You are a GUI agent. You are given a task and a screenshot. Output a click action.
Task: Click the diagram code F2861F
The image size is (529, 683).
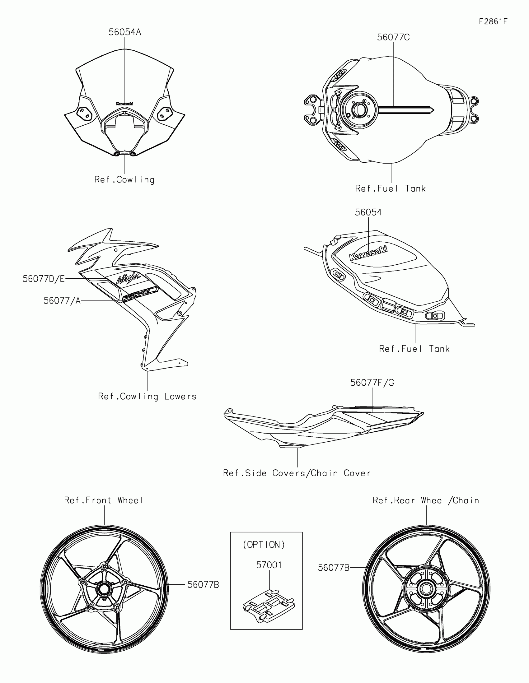coord(493,21)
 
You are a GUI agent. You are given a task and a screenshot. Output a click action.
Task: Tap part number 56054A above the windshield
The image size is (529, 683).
coord(125,32)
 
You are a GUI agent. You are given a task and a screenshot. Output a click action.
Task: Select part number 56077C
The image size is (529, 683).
coord(393,38)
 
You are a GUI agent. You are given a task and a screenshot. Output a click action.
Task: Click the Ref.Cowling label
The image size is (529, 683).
coord(124,180)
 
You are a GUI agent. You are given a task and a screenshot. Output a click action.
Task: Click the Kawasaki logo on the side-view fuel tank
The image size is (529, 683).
coord(368,253)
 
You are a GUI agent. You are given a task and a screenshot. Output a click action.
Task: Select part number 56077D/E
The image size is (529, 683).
coord(44,279)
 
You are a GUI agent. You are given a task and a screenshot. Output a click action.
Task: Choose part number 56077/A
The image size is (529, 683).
coord(62,301)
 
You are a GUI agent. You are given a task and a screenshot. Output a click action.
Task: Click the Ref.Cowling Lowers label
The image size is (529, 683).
coord(147,397)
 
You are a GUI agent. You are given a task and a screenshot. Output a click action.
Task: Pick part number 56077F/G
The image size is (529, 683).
coord(372,383)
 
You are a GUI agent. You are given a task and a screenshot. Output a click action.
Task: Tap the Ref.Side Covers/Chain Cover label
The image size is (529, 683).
coord(297,473)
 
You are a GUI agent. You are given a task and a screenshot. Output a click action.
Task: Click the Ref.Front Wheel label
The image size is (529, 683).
coord(104,500)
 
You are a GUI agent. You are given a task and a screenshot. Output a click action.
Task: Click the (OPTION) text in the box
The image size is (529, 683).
coord(264,545)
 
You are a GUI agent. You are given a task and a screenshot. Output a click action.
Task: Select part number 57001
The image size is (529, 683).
coord(269,565)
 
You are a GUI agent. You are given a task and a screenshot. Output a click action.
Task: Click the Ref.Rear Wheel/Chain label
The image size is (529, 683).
coord(426,500)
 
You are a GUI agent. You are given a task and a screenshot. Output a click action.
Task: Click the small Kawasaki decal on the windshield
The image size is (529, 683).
coord(124,104)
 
